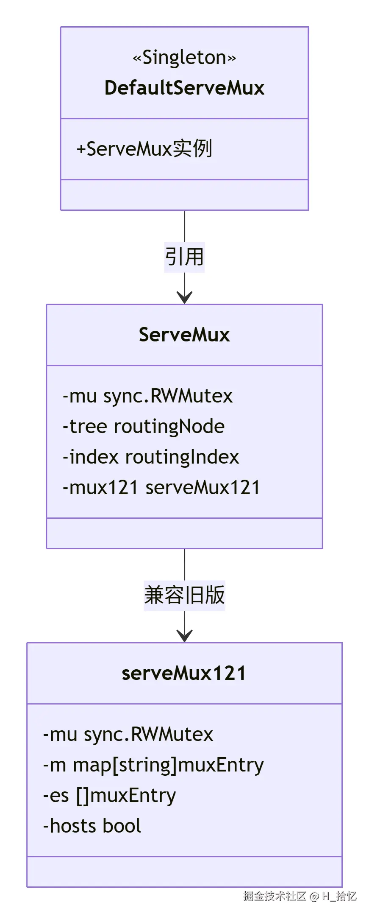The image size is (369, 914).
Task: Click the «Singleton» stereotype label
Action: click(184, 57)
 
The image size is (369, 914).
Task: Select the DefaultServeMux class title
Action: click(184, 88)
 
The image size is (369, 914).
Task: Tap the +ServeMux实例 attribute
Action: click(144, 149)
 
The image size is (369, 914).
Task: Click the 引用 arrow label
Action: click(184, 257)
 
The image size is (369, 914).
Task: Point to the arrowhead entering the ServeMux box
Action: click(184, 298)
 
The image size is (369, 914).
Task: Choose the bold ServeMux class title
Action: click(184, 335)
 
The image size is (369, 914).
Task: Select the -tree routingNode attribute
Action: click(143, 427)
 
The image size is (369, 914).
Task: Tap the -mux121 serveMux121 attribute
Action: click(161, 488)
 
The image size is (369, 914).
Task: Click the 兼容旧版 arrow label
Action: click(184, 595)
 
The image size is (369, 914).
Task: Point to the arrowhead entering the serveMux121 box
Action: click(184, 636)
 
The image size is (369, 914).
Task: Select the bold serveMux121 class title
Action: click(184, 673)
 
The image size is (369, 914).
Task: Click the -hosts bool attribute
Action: click(92, 826)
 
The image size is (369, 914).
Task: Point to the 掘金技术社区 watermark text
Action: click(275, 896)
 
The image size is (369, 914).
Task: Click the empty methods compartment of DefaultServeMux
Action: click(184, 195)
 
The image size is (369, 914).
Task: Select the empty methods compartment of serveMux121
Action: click(184, 872)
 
